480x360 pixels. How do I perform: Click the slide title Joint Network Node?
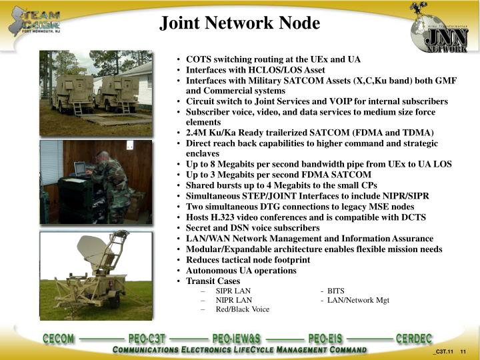pos(240,23)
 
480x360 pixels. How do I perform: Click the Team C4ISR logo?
pos(41,21)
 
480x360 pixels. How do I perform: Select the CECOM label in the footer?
pos(59,339)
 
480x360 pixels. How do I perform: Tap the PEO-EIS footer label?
pos(325,339)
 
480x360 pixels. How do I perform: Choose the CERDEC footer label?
pos(414,339)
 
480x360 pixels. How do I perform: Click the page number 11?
pos(462,352)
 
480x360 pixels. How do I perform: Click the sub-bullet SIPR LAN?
pos(233,291)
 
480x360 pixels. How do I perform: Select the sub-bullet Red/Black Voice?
pos(242,309)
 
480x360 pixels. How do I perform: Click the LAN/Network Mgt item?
pos(357,300)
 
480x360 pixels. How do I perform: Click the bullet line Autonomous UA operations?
pos(241,271)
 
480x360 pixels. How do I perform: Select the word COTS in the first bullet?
pos(198,59)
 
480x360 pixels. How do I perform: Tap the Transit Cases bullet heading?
pos(213,281)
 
